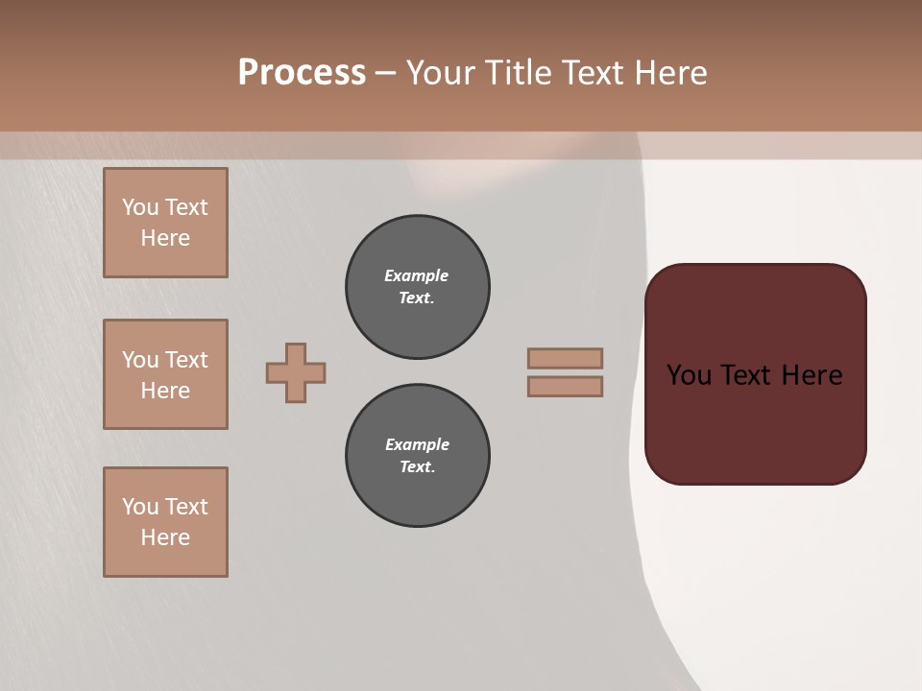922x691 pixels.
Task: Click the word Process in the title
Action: (x=302, y=73)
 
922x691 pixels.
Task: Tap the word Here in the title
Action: (x=669, y=73)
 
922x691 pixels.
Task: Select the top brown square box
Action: (x=165, y=223)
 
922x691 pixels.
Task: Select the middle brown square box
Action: (x=165, y=374)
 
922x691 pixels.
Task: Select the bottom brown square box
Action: (x=165, y=522)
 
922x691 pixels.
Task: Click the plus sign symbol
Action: (x=296, y=372)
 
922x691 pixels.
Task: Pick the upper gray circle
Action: (x=418, y=287)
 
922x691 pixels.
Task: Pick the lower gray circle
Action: (x=418, y=456)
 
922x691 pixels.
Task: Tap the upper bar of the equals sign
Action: (x=565, y=358)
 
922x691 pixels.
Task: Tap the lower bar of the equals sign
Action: (x=565, y=386)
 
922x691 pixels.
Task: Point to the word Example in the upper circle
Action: (x=417, y=275)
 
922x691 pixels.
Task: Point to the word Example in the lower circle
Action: (x=417, y=444)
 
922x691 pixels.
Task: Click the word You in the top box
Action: (x=140, y=207)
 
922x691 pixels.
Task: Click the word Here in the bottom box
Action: (x=165, y=537)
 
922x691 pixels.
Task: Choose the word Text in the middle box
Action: (x=186, y=360)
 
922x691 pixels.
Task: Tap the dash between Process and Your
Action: (x=386, y=73)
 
